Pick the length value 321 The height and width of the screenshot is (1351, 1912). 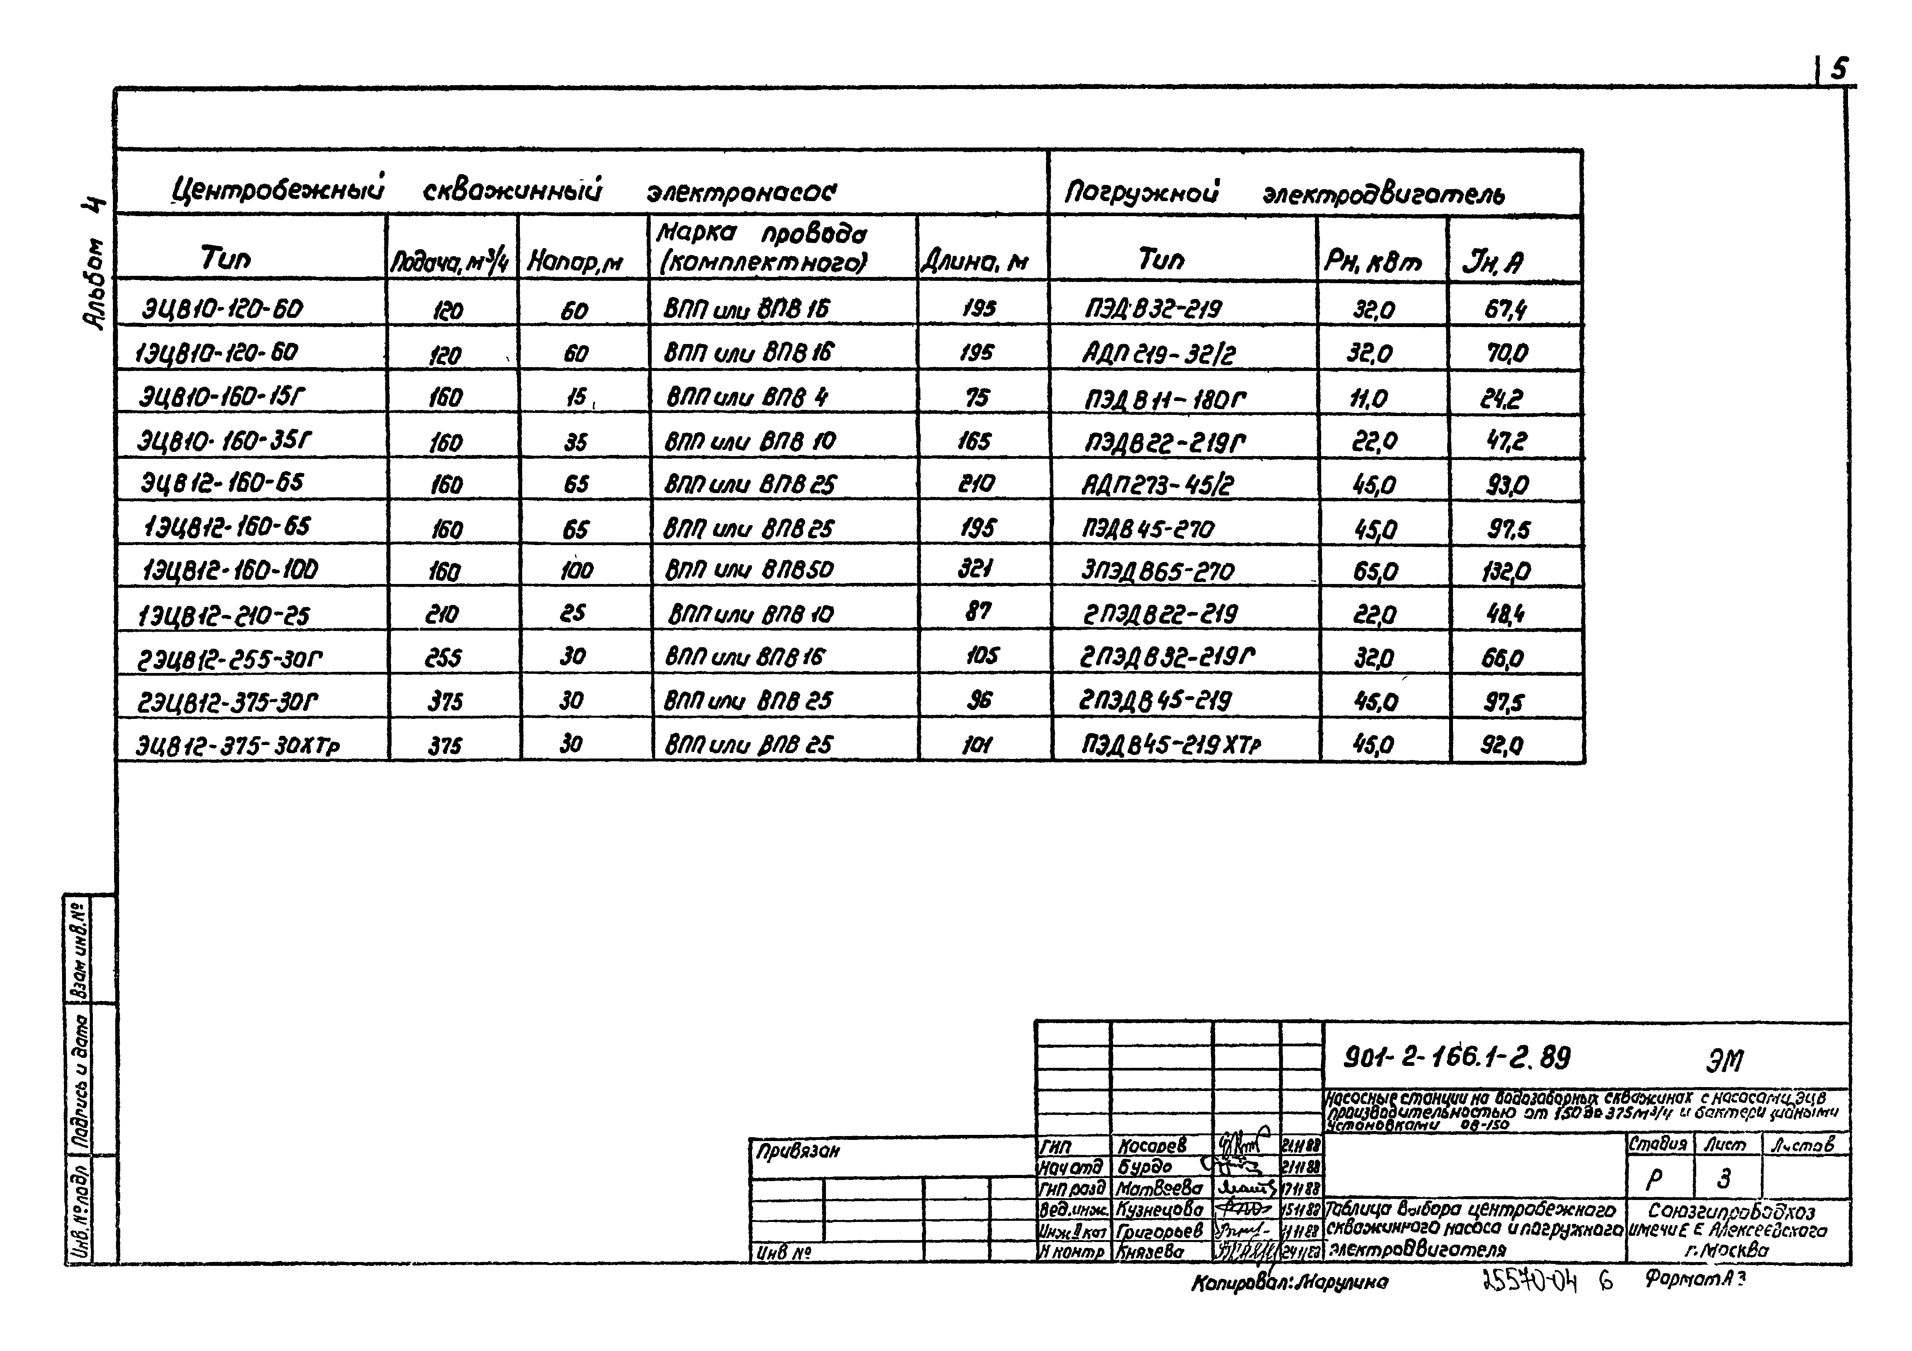pyautogui.click(x=974, y=569)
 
